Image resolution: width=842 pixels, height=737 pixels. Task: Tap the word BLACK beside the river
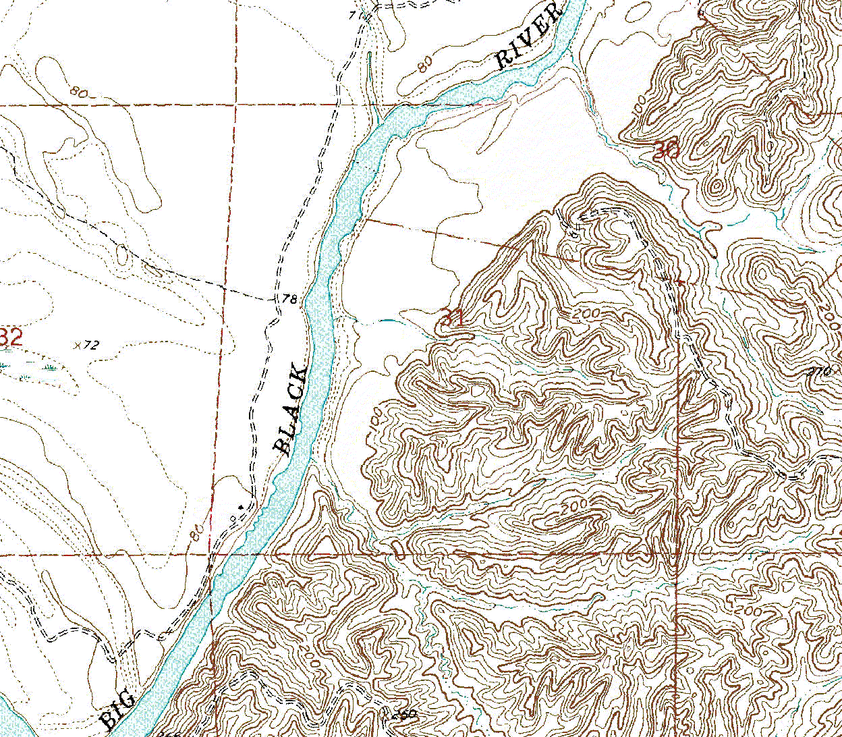(291, 410)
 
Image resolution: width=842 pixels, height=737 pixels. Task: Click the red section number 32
(11, 336)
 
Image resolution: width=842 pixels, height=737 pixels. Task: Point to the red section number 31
(451, 317)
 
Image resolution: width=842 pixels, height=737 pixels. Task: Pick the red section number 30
(666, 151)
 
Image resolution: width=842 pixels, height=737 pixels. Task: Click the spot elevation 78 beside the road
(289, 299)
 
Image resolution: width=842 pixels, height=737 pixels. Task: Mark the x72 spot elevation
(86, 346)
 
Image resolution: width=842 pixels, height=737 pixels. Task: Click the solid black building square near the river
(241, 505)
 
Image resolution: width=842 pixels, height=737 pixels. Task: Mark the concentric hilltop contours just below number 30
(717, 185)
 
